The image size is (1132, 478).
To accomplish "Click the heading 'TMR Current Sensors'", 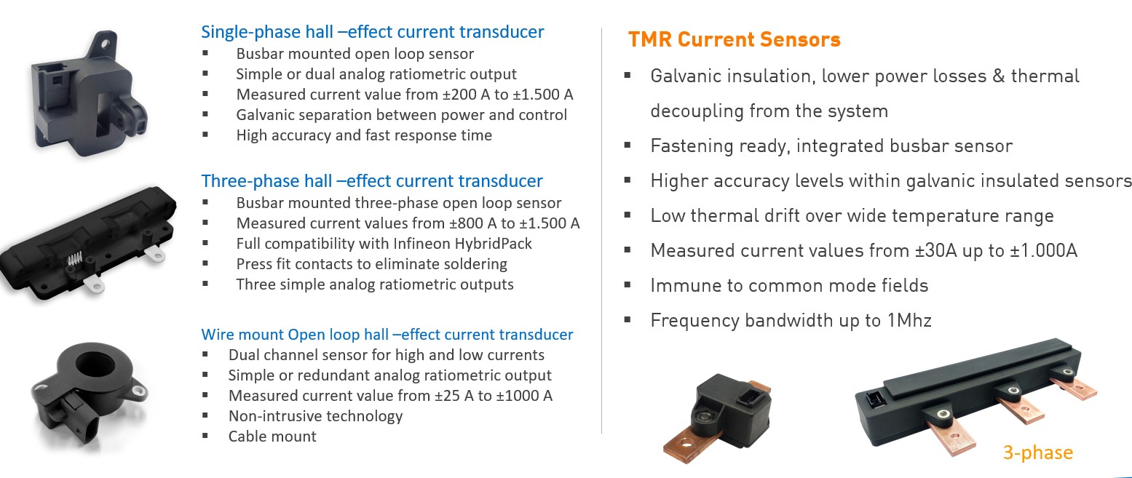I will point(734,39).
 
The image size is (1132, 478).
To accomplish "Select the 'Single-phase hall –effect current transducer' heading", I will point(372,32).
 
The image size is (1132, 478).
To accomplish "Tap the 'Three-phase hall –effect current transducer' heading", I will point(371,180).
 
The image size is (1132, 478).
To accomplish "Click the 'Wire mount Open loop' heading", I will point(387,334).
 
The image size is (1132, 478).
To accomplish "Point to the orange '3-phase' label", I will point(1037,453).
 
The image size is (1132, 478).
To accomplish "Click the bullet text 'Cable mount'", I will point(272,437).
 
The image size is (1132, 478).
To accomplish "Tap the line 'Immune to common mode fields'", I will point(789,285).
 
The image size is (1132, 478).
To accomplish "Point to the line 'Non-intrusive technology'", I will point(315,416).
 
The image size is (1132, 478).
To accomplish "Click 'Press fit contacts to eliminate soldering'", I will point(371,263).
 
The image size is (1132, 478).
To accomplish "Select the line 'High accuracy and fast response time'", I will point(364,135).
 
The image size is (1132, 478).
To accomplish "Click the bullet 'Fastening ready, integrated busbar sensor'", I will point(831,146).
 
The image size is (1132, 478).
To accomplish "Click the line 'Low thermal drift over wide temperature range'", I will point(852,215).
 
